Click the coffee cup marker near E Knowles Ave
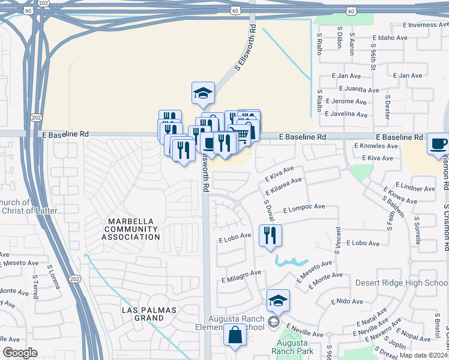pyautogui.click(x=438, y=145)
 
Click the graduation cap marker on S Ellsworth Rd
pyautogui.click(x=203, y=93)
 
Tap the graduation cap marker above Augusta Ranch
pyautogui.click(x=278, y=301)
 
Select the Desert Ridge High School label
pyautogui.click(x=402, y=283)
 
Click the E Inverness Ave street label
pyautogui.click(x=426, y=25)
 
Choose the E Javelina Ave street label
pyautogui.click(x=345, y=113)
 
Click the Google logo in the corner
pyautogui.click(x=19, y=352)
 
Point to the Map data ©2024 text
pyautogui.click(x=423, y=355)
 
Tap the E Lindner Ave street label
pyautogui.click(x=414, y=188)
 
